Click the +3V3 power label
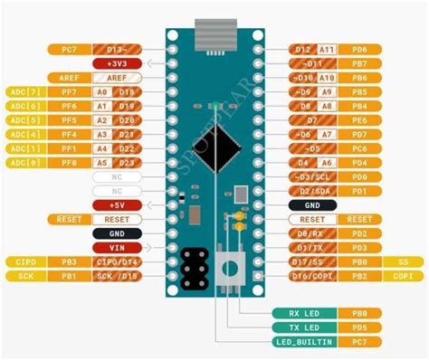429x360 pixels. click(x=119, y=63)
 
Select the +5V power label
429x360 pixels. click(x=119, y=205)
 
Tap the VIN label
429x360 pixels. click(x=119, y=247)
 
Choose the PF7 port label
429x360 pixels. click(x=69, y=92)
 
